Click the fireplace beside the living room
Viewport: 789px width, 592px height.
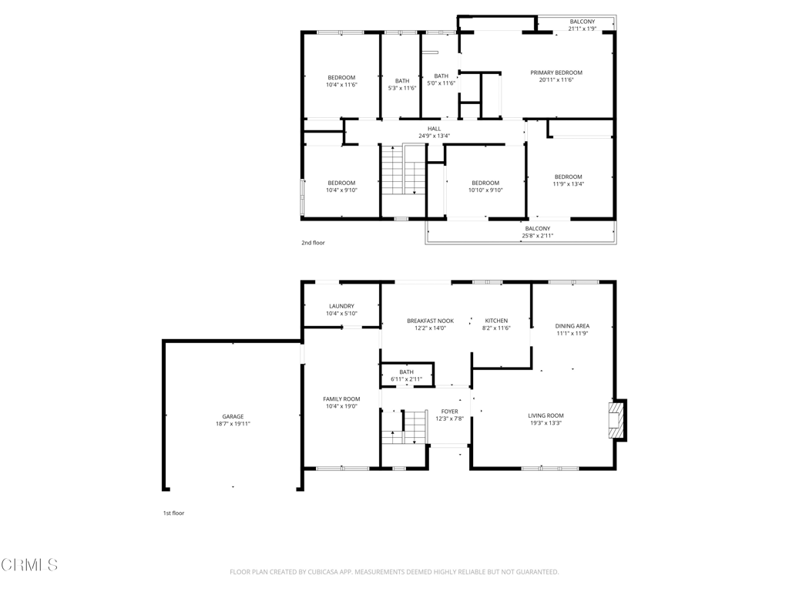[x=616, y=420]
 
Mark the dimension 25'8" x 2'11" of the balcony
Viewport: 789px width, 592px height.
[x=538, y=236]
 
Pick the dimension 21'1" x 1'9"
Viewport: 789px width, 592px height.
[x=583, y=29]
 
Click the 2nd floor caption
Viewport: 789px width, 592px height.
[x=313, y=243]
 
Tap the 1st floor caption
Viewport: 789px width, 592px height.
[x=173, y=513]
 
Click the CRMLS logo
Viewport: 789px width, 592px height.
[x=29, y=565]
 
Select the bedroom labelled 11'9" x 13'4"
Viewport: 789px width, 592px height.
[x=568, y=180]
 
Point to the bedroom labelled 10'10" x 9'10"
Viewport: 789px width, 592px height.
[x=485, y=187]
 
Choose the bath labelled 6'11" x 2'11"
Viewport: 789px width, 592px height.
[x=407, y=375]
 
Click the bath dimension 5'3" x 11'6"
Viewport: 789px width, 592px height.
[x=402, y=88]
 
